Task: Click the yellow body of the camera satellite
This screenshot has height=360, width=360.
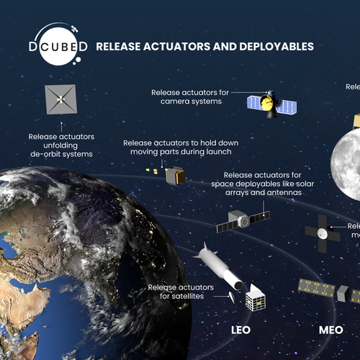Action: pyautogui.click(x=267, y=106)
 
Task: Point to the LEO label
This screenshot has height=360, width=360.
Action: pyautogui.click(x=240, y=331)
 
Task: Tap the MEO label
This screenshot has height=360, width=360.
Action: pyautogui.click(x=333, y=331)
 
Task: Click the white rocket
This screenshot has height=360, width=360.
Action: pyautogui.click(x=217, y=267)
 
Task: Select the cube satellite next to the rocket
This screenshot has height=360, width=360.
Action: pyautogui.click(x=255, y=300)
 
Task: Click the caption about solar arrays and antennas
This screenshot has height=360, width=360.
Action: pyautogui.click(x=266, y=184)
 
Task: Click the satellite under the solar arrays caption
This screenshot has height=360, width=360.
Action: pyautogui.click(x=242, y=220)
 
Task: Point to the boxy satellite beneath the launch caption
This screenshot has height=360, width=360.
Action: pyautogui.click(x=174, y=175)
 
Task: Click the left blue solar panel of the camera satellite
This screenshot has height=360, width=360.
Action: pyautogui.click(x=253, y=103)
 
